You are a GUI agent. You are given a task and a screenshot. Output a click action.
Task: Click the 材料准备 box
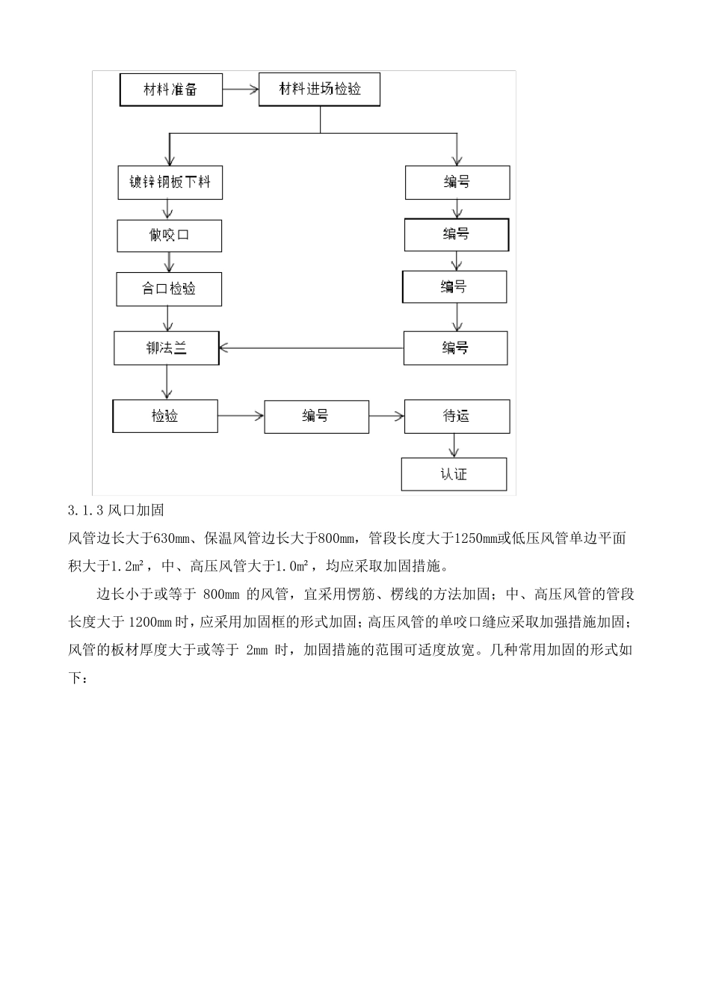[x=170, y=90]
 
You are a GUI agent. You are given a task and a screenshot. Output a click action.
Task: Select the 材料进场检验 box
[x=320, y=90]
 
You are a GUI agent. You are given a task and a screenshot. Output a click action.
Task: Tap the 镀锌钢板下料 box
[x=170, y=182]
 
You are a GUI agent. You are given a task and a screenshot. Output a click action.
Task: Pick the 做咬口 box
[x=170, y=236]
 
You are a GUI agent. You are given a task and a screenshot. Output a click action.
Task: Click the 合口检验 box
[x=169, y=289]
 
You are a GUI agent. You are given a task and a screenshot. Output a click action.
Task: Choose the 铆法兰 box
[x=167, y=348]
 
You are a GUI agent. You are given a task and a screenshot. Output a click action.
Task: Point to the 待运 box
[x=457, y=417]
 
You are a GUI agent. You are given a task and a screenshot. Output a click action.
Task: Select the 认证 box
[x=454, y=474]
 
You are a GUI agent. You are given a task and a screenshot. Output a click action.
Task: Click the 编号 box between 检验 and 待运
[x=316, y=417]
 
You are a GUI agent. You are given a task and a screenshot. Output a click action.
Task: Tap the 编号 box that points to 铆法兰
[x=455, y=348]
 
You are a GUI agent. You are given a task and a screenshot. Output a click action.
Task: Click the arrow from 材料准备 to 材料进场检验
[x=240, y=90]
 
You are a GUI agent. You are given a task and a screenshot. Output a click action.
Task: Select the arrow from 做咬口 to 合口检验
[x=170, y=262]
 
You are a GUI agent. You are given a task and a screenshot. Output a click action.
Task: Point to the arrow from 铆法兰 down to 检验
[x=167, y=382]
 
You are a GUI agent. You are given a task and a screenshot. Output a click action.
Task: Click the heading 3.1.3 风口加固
[x=115, y=511]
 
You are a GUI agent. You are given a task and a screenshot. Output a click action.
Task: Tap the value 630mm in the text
[x=171, y=538]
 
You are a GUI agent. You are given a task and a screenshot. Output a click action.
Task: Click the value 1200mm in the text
[x=151, y=622]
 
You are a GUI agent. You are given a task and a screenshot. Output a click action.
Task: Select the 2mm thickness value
[x=256, y=650]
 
